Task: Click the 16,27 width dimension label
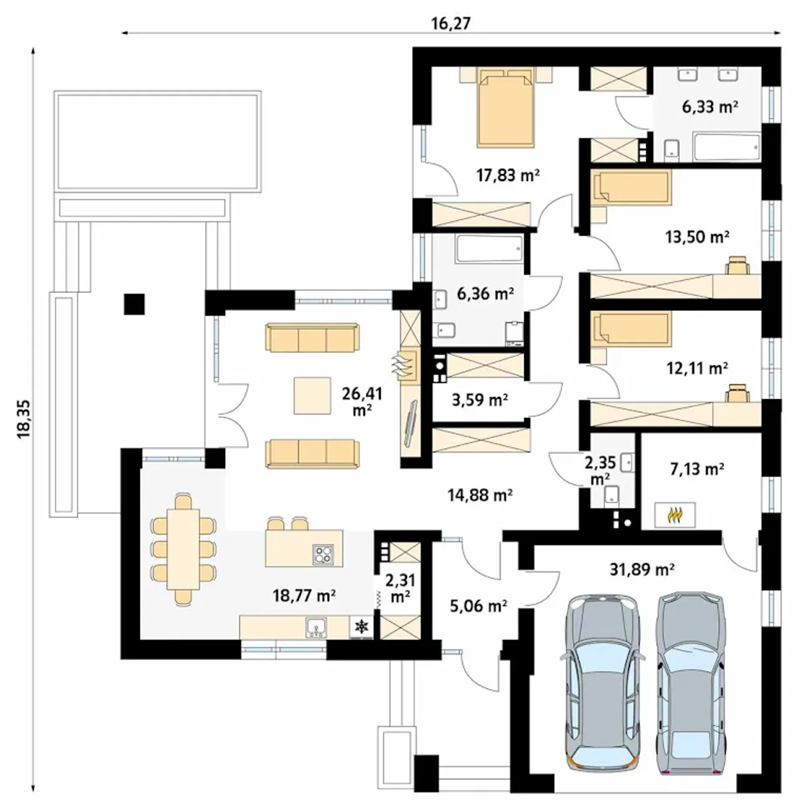[x=451, y=24]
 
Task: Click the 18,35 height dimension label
[x=24, y=419]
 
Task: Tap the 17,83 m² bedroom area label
[x=507, y=175]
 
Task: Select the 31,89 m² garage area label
[x=642, y=569]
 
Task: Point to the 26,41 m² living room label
[x=363, y=401]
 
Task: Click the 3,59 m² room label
[x=480, y=399]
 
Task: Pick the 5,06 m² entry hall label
[x=478, y=605]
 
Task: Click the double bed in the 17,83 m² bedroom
[x=506, y=109]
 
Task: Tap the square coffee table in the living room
[x=312, y=396]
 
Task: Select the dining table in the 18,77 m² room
[x=183, y=549]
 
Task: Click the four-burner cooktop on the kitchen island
[x=323, y=554]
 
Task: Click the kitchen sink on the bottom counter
[x=317, y=628]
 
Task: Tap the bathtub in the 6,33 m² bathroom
[x=726, y=147]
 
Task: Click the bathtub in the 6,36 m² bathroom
[x=490, y=249]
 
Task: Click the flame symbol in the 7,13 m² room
[x=674, y=514]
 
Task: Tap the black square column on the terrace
[x=134, y=304]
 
